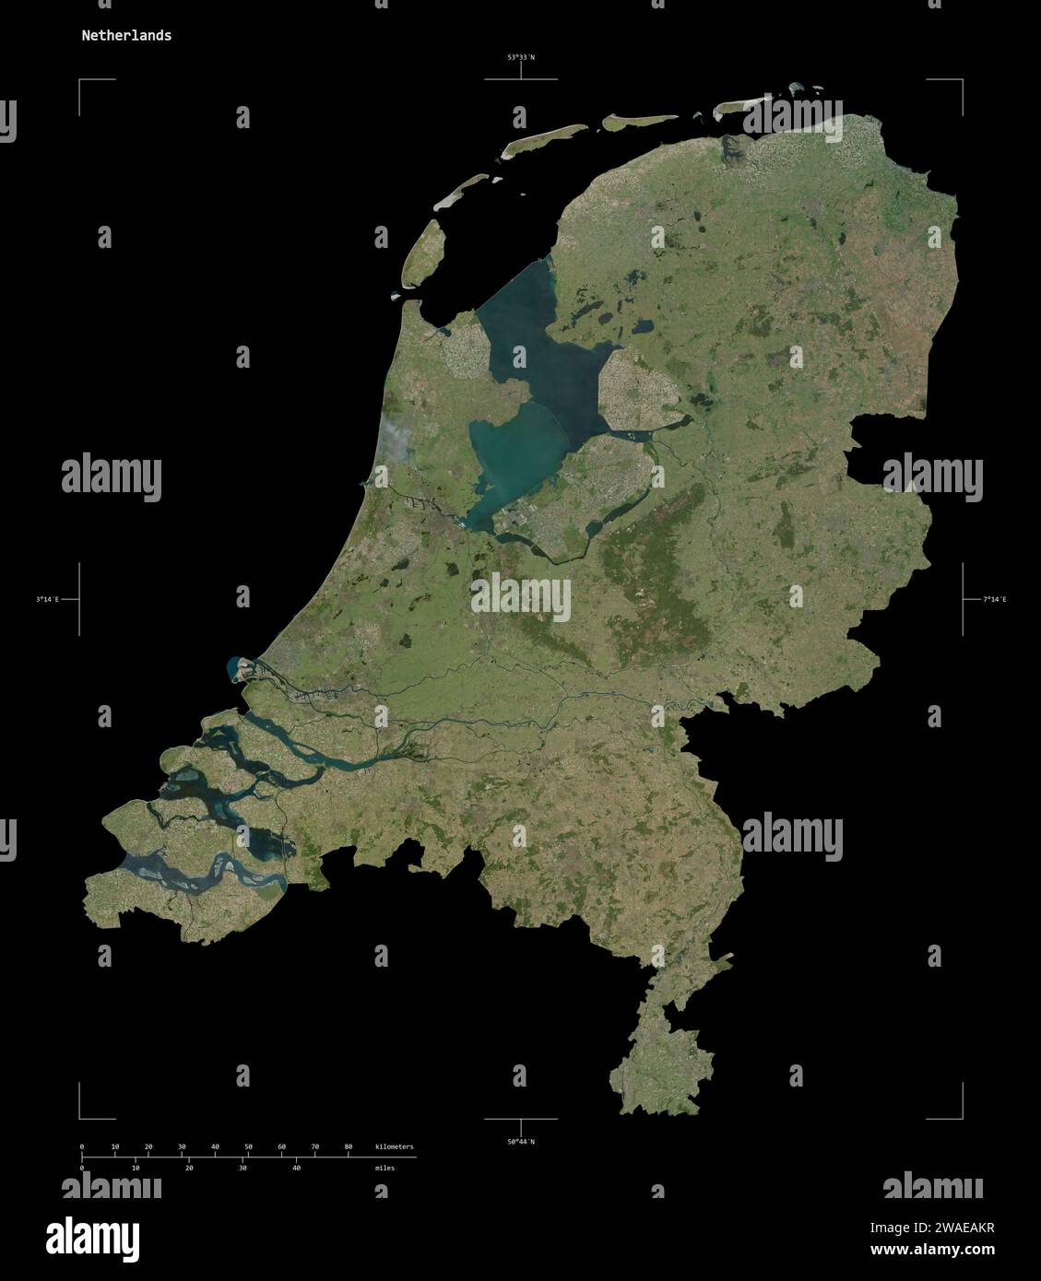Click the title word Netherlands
[125, 36]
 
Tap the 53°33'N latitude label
[520, 57]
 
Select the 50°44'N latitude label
[520, 1142]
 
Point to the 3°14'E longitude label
[47, 600]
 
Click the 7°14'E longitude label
[994, 600]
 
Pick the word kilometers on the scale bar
[394, 1146]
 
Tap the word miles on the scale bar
[384, 1168]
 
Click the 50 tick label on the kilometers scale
[248, 1146]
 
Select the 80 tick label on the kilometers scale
[348, 1146]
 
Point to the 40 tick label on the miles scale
[296, 1168]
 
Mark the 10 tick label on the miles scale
[136, 1168]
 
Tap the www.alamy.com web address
[932, 1250]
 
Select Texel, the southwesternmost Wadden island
[426, 251]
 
